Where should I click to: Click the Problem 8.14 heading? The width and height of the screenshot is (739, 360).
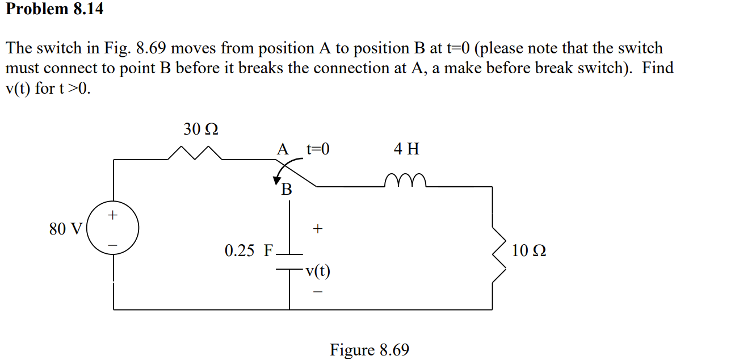pyautogui.click(x=54, y=9)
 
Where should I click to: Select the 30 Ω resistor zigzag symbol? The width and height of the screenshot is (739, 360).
pyautogui.click(x=195, y=153)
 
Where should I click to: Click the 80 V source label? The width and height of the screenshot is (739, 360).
pyautogui.click(x=66, y=229)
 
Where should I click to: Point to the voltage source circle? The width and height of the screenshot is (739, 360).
pyautogui.click(x=113, y=230)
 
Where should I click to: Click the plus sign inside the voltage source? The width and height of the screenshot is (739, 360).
pyautogui.click(x=113, y=215)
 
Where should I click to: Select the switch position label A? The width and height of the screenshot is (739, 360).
pyautogui.click(x=283, y=149)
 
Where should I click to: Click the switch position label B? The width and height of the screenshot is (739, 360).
pyautogui.click(x=287, y=190)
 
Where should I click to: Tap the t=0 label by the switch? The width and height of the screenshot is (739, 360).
pyautogui.click(x=318, y=149)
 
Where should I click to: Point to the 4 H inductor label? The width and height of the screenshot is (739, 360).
pyautogui.click(x=406, y=149)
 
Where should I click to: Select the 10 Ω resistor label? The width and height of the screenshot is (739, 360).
pyautogui.click(x=529, y=250)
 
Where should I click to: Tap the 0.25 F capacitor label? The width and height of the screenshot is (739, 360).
pyautogui.click(x=249, y=251)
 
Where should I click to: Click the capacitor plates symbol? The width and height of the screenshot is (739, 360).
pyautogui.click(x=290, y=261)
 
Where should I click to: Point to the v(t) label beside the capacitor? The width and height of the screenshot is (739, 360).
pyautogui.click(x=317, y=271)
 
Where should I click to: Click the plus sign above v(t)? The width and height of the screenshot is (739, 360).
pyautogui.click(x=317, y=229)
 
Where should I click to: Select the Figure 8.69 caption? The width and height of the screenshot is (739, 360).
pyautogui.click(x=369, y=350)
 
